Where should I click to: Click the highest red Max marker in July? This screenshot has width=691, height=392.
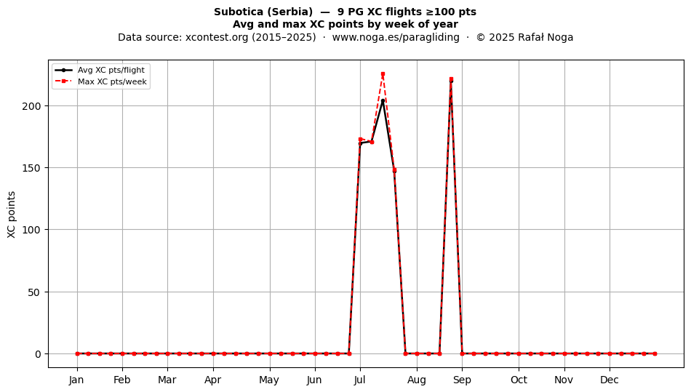(383, 74)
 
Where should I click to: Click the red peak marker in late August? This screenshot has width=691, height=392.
(451, 79)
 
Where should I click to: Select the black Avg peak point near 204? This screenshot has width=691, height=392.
(383, 101)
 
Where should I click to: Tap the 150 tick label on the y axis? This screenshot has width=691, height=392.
(31, 168)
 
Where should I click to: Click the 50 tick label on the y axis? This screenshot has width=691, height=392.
(35, 292)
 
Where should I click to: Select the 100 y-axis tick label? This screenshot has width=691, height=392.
(31, 230)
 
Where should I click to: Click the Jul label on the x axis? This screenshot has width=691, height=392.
(360, 380)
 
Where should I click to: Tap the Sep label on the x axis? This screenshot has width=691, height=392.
(462, 380)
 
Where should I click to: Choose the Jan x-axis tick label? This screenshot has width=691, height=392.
(76, 380)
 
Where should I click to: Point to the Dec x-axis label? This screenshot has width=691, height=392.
(610, 380)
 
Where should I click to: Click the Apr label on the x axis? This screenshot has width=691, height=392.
(213, 380)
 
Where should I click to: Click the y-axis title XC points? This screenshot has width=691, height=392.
(12, 215)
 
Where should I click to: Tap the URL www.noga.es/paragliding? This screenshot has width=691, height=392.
(396, 37)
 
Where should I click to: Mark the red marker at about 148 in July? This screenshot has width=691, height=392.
(394, 170)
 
